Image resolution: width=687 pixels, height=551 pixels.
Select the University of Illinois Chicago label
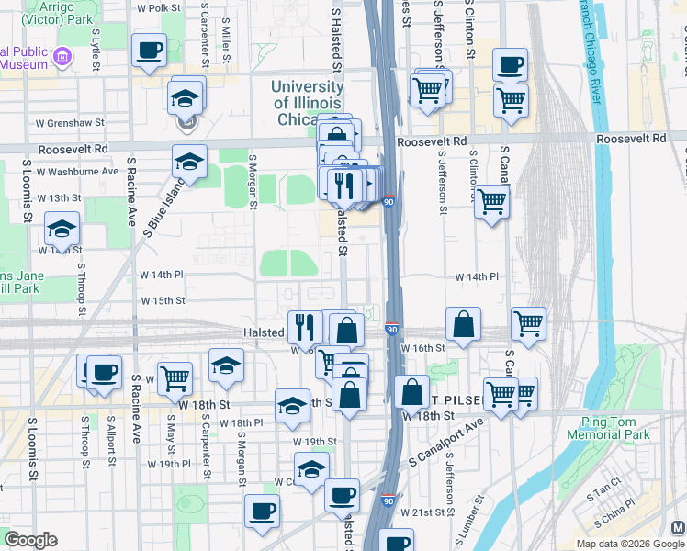click(x=308, y=103)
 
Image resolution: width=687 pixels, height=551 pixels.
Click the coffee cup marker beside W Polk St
click(x=149, y=51)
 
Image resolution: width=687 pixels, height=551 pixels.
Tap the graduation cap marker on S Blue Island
click(x=189, y=161)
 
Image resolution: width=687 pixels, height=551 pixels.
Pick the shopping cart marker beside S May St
click(x=175, y=377)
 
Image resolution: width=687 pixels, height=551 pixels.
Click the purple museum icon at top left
click(x=62, y=57)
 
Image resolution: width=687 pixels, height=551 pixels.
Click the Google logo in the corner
click(x=31, y=540)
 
